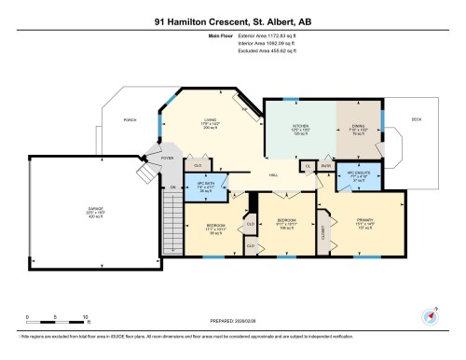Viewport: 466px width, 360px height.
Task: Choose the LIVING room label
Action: click(x=212, y=119)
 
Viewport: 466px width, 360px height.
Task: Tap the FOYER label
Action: click(x=168, y=159)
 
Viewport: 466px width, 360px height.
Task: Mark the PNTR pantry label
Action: click(x=326, y=166)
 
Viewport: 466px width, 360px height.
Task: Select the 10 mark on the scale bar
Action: click(x=85, y=317)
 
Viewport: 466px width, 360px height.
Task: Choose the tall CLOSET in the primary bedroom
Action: click(x=322, y=228)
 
